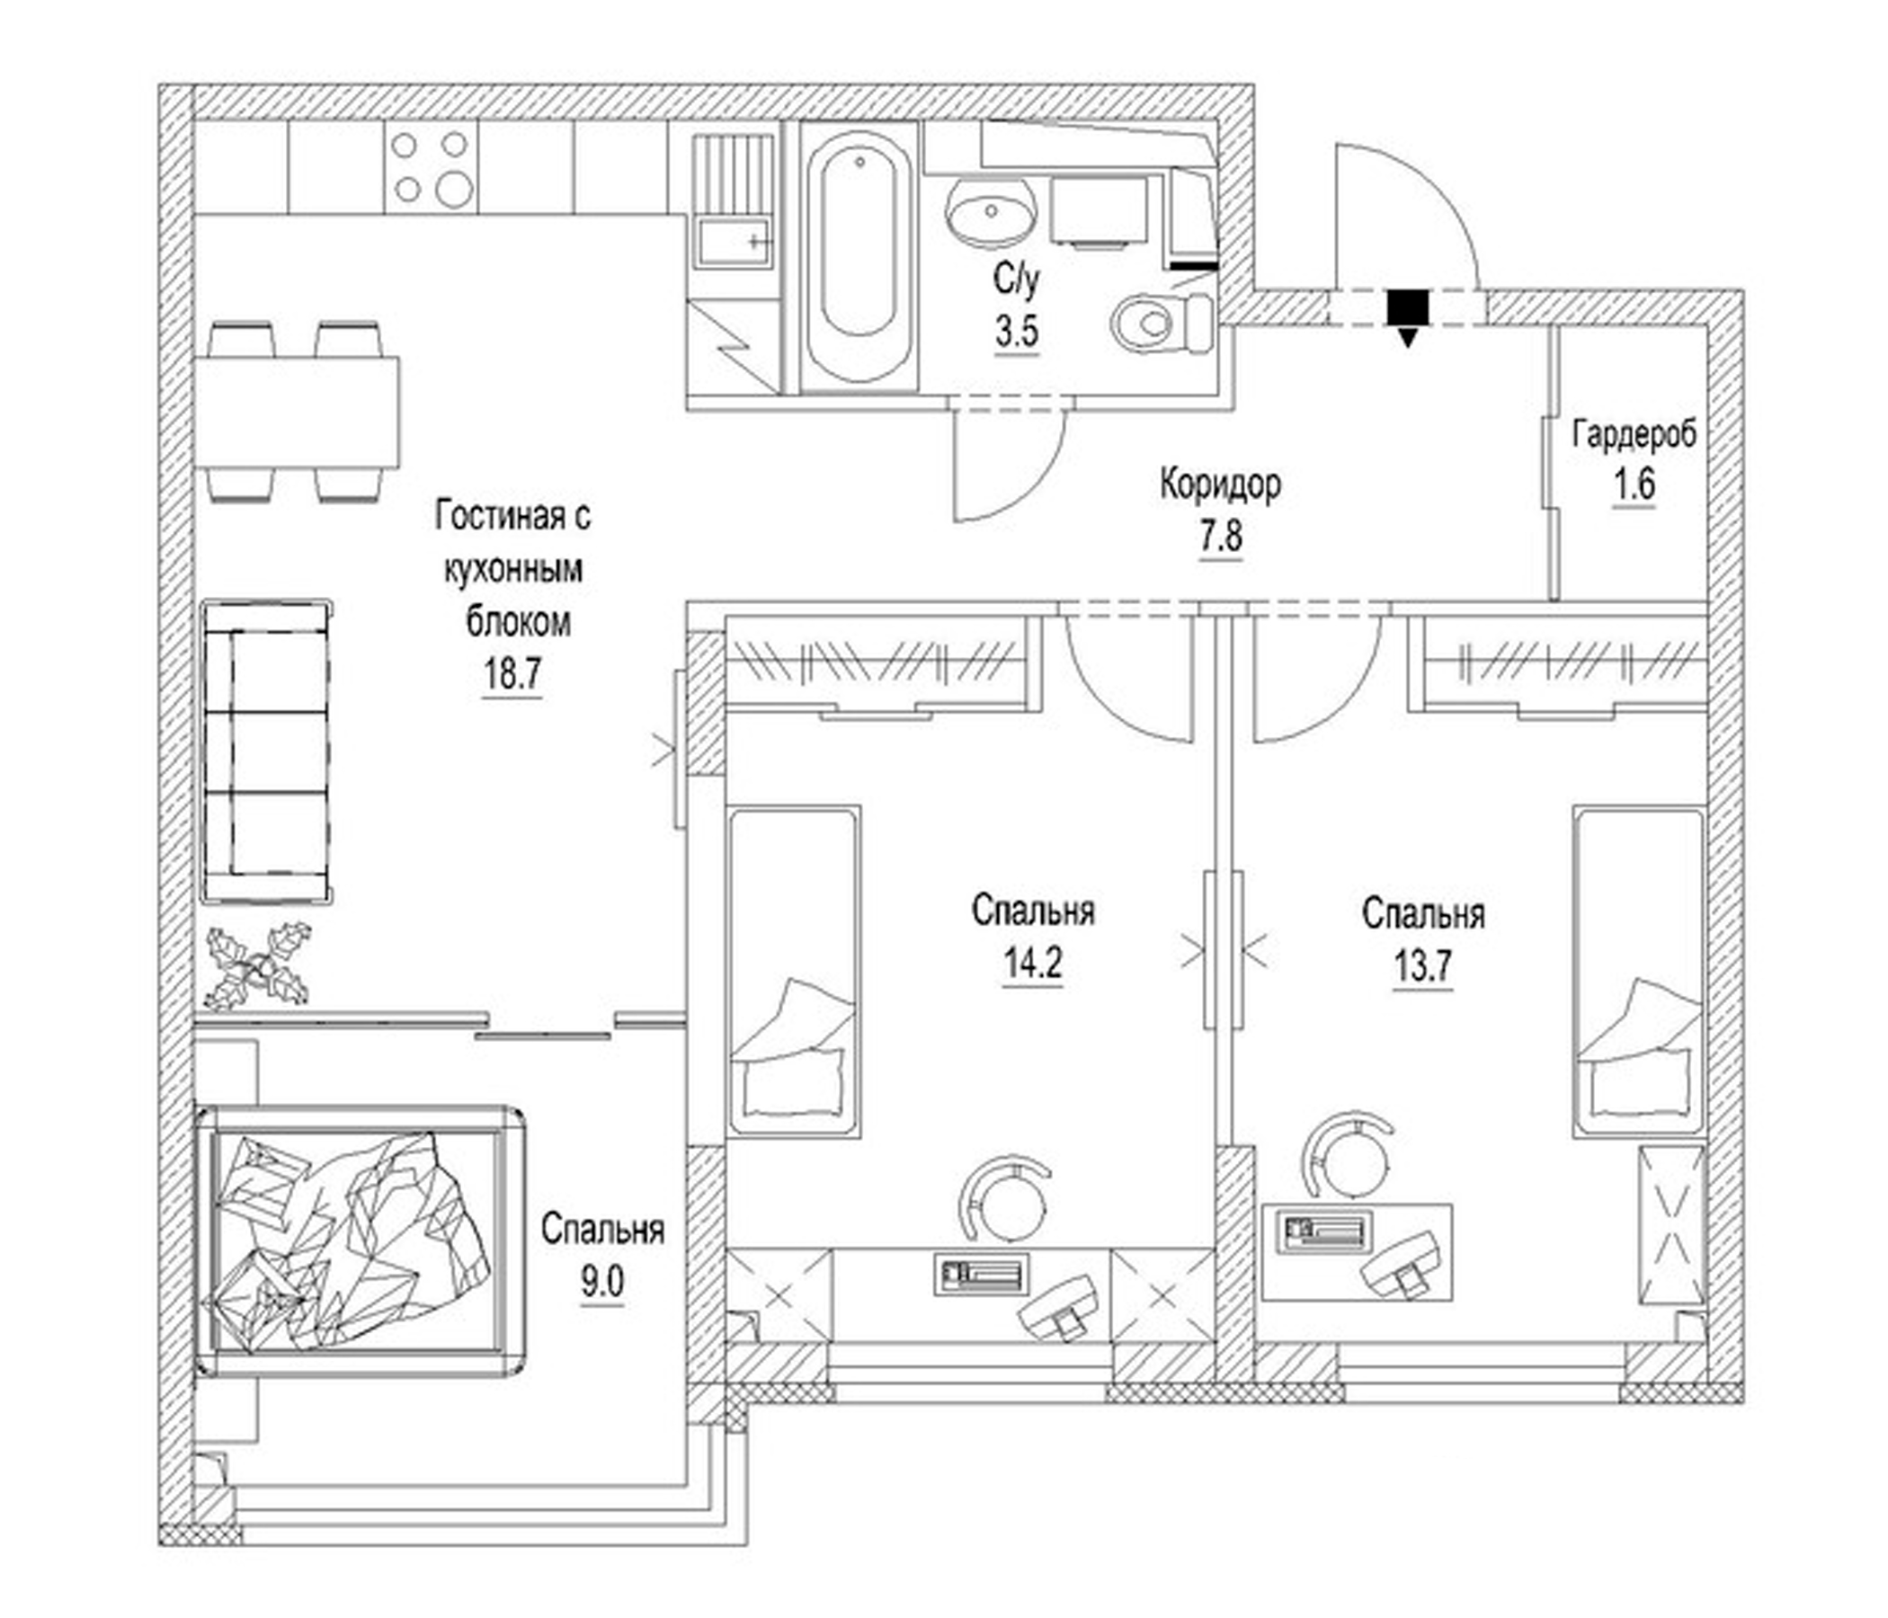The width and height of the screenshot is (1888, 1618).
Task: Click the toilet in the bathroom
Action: click(1162, 323)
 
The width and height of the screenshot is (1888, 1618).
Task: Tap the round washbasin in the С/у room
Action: click(991, 210)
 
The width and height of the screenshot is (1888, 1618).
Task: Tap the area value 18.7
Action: click(512, 675)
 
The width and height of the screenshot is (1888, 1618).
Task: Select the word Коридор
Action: click(1220, 484)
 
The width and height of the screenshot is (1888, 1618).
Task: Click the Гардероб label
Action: click(1634, 434)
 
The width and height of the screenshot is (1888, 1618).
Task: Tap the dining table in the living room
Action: click(298, 412)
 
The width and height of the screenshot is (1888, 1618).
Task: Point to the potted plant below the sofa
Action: click(259, 966)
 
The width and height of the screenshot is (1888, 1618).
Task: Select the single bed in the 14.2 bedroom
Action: click(794, 971)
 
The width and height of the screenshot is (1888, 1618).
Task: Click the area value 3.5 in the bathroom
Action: click(1016, 331)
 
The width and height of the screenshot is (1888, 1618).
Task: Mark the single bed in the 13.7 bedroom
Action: click(1638, 971)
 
